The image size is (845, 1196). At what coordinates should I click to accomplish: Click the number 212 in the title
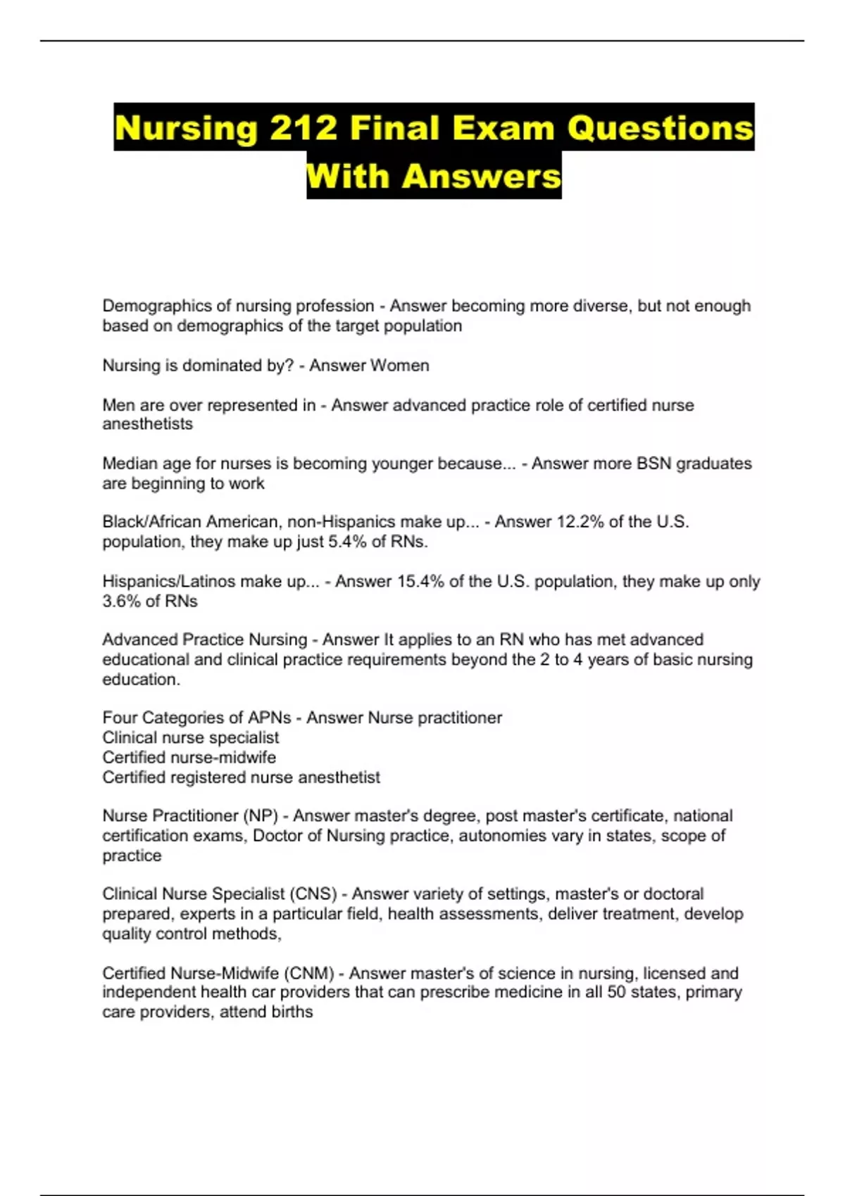(303, 128)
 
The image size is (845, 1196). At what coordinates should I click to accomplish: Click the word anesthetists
(147, 424)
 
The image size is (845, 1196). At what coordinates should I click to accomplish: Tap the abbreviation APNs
(269, 718)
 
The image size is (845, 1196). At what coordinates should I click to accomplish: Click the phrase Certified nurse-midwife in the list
(189, 758)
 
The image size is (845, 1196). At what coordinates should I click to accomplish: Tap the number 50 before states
(616, 993)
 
